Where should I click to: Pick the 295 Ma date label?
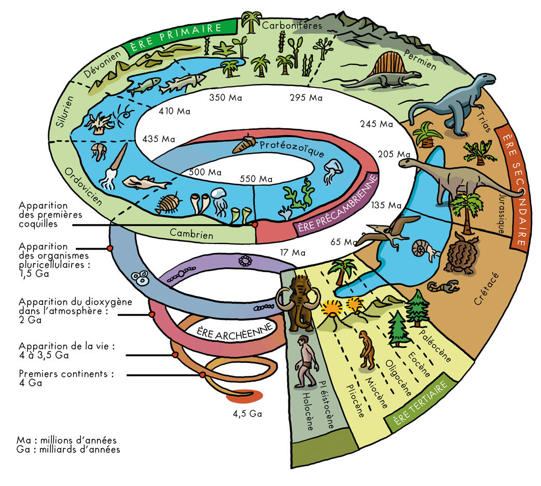coord(306,98)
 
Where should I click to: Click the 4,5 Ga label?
coord(247,413)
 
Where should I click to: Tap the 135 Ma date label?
coord(386,205)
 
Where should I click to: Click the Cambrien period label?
coord(191,234)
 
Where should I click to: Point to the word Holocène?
coord(308,411)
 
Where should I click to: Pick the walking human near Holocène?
coord(306,361)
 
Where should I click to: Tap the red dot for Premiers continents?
coord(202,375)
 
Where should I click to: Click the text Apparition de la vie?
coord(66,346)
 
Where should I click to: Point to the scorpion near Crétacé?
coord(443,286)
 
